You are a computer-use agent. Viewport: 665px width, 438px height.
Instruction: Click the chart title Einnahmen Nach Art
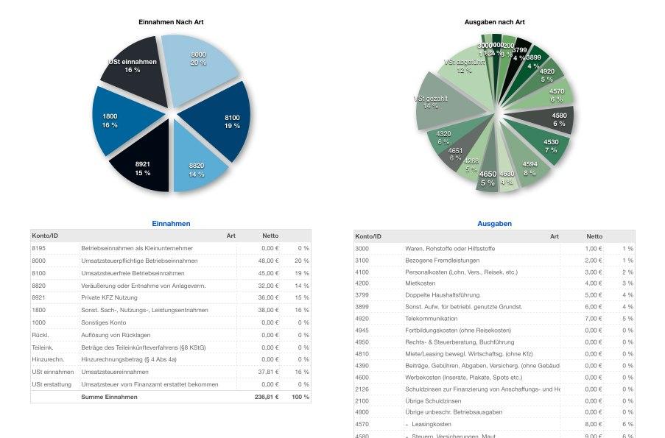(171, 22)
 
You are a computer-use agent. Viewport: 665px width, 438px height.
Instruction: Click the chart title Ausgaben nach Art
(494, 22)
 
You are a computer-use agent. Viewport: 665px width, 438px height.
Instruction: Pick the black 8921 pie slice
(142, 168)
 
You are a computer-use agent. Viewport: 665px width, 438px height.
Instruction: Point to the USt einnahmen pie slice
(133, 66)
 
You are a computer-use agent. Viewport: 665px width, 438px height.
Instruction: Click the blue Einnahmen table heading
(171, 223)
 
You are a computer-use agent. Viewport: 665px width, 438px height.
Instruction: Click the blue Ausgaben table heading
(494, 223)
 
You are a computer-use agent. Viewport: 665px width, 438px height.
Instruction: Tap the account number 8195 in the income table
(38, 248)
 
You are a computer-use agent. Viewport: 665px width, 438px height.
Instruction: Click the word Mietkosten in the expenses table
(421, 283)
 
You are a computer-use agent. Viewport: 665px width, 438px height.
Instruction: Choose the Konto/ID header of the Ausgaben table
(368, 236)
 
